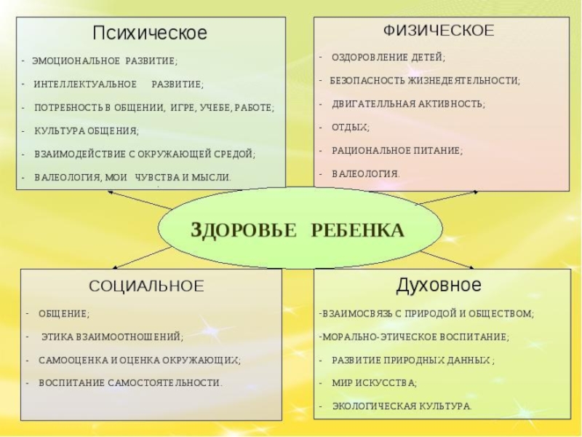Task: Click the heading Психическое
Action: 150,34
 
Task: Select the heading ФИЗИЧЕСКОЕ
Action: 439,31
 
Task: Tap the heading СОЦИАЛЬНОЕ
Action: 146,286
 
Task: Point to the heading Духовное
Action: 439,284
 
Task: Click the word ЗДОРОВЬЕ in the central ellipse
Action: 244,230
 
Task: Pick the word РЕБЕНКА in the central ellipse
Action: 357,230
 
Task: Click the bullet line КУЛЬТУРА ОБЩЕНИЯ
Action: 87,131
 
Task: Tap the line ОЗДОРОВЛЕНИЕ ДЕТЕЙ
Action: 388,57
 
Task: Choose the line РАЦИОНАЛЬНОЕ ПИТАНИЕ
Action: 397,151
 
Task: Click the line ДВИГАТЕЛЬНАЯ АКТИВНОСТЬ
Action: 408,104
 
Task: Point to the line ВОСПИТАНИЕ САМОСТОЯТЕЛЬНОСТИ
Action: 130,382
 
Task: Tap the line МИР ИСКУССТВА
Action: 374,382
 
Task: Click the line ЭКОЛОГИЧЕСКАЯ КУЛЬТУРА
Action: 402,406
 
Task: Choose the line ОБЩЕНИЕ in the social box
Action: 63,313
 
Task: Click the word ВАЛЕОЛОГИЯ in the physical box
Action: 366,174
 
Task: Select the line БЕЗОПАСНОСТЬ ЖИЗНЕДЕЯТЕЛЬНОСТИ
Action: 426,81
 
